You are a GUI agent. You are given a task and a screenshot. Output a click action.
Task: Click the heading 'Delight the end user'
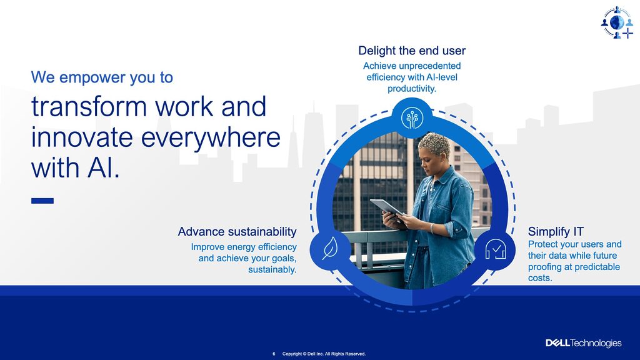412,51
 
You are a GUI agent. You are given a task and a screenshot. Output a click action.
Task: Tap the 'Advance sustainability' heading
237,231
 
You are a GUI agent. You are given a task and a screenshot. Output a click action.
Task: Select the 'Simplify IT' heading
556,231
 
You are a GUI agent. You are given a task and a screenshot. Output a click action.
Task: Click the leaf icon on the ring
330,249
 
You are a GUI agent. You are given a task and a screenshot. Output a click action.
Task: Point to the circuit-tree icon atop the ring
412,118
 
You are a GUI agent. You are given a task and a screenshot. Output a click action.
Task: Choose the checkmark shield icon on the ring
496,249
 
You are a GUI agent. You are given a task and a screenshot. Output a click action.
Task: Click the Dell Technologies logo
584,343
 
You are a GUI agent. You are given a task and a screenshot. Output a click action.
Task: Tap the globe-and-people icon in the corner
617,22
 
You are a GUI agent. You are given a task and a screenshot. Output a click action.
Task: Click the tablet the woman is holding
386,207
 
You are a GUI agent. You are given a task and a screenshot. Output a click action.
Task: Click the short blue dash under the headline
42,201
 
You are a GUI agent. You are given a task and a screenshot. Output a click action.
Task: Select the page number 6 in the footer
274,354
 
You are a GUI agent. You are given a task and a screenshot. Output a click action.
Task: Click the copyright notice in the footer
324,354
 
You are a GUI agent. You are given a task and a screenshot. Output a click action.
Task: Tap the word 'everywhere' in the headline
211,137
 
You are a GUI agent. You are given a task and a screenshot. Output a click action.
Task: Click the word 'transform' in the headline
89,106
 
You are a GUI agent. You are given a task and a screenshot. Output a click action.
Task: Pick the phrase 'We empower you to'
102,77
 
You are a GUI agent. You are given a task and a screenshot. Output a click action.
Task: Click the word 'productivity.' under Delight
412,89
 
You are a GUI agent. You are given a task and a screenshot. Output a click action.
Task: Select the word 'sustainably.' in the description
272,269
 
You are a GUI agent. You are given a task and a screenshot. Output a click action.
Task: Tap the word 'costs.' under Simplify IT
540,278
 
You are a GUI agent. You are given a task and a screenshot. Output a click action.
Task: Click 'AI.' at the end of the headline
104,167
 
